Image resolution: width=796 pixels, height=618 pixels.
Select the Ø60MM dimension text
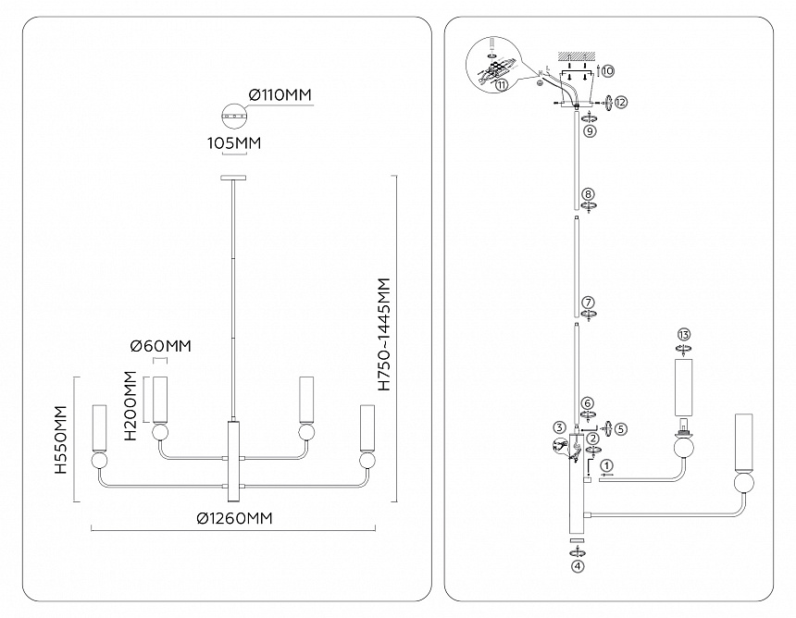[160, 346]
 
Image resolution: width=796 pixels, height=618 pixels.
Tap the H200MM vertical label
[132, 406]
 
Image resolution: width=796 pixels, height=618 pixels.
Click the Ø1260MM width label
[234, 518]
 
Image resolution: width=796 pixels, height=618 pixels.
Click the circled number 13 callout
[684, 333]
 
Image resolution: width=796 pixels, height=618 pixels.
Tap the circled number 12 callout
[621, 102]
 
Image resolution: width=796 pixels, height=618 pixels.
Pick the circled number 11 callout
[501, 84]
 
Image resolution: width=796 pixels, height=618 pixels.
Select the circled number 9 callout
[589, 131]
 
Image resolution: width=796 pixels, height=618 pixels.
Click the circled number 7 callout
[588, 303]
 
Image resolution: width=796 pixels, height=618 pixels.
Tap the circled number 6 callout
[588, 403]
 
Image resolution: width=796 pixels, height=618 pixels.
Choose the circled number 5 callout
[621, 428]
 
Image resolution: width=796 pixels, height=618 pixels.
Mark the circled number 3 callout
[559, 426]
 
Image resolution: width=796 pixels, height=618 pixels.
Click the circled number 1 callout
[606, 464]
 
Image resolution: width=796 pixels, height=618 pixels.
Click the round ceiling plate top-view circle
[235, 118]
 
